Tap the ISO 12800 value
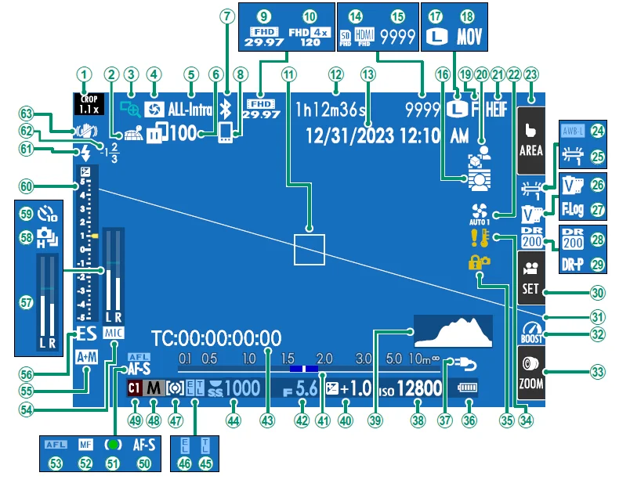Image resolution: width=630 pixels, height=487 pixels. [415, 388]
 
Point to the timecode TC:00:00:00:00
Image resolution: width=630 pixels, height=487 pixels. [216, 338]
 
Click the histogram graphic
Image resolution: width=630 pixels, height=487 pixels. [453, 330]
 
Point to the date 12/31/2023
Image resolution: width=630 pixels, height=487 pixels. [347, 135]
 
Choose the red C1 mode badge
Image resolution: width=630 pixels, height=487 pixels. [135, 388]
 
